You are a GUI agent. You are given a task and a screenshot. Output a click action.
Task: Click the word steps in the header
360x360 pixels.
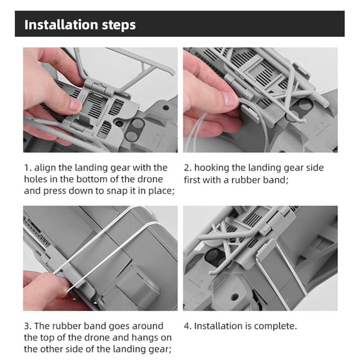point(119,25)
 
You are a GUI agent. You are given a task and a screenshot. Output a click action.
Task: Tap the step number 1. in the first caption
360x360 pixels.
point(28,168)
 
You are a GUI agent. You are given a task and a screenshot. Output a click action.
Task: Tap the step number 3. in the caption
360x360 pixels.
point(28,326)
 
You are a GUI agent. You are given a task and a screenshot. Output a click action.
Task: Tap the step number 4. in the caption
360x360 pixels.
point(188,326)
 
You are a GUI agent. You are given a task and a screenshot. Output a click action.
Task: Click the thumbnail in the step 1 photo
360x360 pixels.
point(75,104)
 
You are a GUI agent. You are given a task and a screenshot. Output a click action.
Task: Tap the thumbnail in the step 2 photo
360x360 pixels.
point(230,98)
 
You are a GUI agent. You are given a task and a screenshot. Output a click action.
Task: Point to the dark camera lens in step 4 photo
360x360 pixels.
point(215,256)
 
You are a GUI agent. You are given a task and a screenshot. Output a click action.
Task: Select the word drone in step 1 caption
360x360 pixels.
point(151,179)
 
